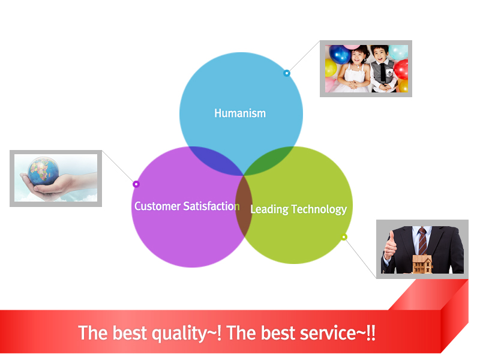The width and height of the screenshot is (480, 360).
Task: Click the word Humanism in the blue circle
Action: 240,113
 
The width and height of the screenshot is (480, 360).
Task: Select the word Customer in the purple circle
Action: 157,206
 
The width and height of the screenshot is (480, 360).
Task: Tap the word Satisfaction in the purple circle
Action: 211,206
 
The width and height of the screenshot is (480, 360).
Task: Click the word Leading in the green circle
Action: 269,209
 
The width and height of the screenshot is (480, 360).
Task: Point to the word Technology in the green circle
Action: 319,209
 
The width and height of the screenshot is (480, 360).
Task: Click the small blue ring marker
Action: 287,73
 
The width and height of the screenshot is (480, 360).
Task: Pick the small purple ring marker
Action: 136,184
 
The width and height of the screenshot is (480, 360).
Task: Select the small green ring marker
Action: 344,237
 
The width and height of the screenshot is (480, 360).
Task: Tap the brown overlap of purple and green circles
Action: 244,206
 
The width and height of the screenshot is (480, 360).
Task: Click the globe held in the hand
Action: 43,171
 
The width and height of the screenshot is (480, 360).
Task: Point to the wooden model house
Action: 422,264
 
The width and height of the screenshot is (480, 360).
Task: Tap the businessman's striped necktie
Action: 422,241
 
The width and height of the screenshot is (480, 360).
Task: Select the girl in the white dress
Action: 355,70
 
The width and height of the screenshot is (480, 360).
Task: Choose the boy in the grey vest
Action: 383,69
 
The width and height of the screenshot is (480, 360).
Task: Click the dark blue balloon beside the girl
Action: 340,54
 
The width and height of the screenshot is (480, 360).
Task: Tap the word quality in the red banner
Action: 179,333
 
